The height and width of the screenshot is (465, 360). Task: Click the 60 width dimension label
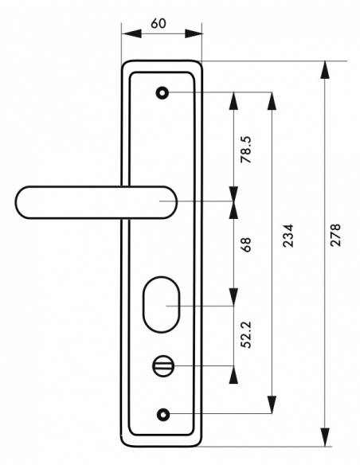[x=158, y=23]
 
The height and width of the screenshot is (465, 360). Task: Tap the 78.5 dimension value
[x=246, y=150]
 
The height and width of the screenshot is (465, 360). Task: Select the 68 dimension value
[x=246, y=244]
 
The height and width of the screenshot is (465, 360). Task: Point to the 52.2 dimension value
[x=246, y=334]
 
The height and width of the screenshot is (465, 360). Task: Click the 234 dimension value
[x=288, y=236]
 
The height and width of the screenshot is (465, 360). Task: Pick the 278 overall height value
[x=336, y=235]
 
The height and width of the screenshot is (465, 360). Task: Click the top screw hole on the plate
[x=162, y=93]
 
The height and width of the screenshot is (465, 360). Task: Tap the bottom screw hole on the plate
[x=163, y=414]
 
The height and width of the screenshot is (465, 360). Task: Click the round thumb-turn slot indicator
[x=162, y=366]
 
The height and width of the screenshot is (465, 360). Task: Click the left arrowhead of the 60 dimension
[x=131, y=33]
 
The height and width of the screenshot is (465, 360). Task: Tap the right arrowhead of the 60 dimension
[x=194, y=33]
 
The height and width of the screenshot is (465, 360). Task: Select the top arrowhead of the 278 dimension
[x=325, y=70]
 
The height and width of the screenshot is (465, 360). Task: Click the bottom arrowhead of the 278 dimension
[x=325, y=437]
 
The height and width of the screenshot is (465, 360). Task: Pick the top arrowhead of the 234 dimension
[x=272, y=101]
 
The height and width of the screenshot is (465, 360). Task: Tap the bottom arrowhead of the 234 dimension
[x=272, y=404]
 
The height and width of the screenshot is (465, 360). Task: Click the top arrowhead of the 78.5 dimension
[x=233, y=101]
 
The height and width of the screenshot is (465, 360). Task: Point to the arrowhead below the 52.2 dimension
[x=233, y=374]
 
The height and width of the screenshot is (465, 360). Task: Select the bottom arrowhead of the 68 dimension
[x=233, y=296]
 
